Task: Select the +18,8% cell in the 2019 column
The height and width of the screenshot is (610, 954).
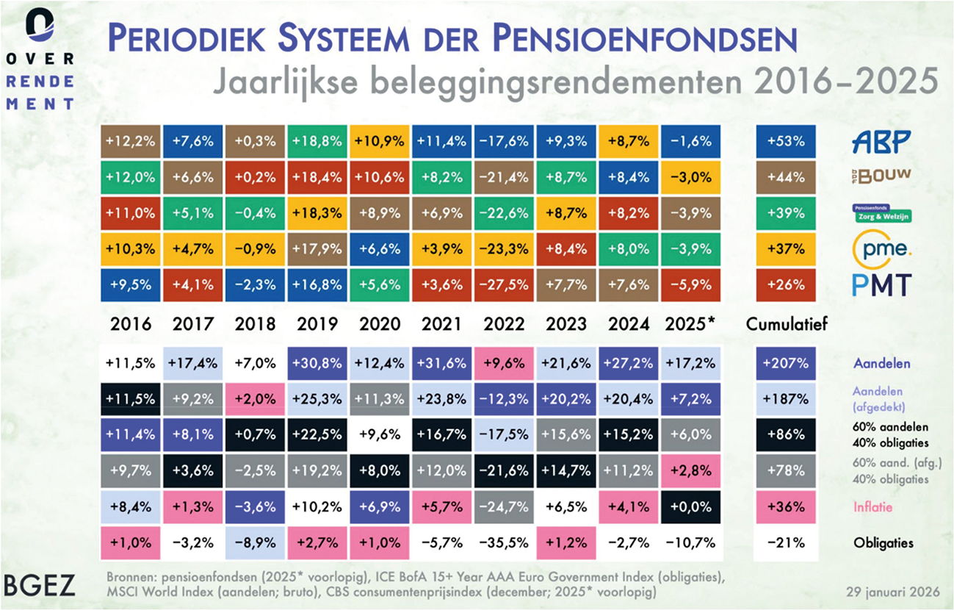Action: [318, 142]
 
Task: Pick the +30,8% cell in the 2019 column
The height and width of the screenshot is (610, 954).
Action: [318, 364]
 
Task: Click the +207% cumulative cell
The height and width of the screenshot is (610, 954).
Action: [785, 364]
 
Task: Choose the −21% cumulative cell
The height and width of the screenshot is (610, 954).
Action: [785, 543]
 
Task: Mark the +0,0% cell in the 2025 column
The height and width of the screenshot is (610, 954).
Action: [690, 507]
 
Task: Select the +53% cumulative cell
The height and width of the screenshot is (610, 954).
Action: [785, 142]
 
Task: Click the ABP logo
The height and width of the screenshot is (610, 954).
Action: [881, 141]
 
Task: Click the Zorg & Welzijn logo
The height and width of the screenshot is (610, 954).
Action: [881, 213]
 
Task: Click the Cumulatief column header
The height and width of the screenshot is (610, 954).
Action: [786, 323]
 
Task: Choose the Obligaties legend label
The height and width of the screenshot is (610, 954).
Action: [883, 543]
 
